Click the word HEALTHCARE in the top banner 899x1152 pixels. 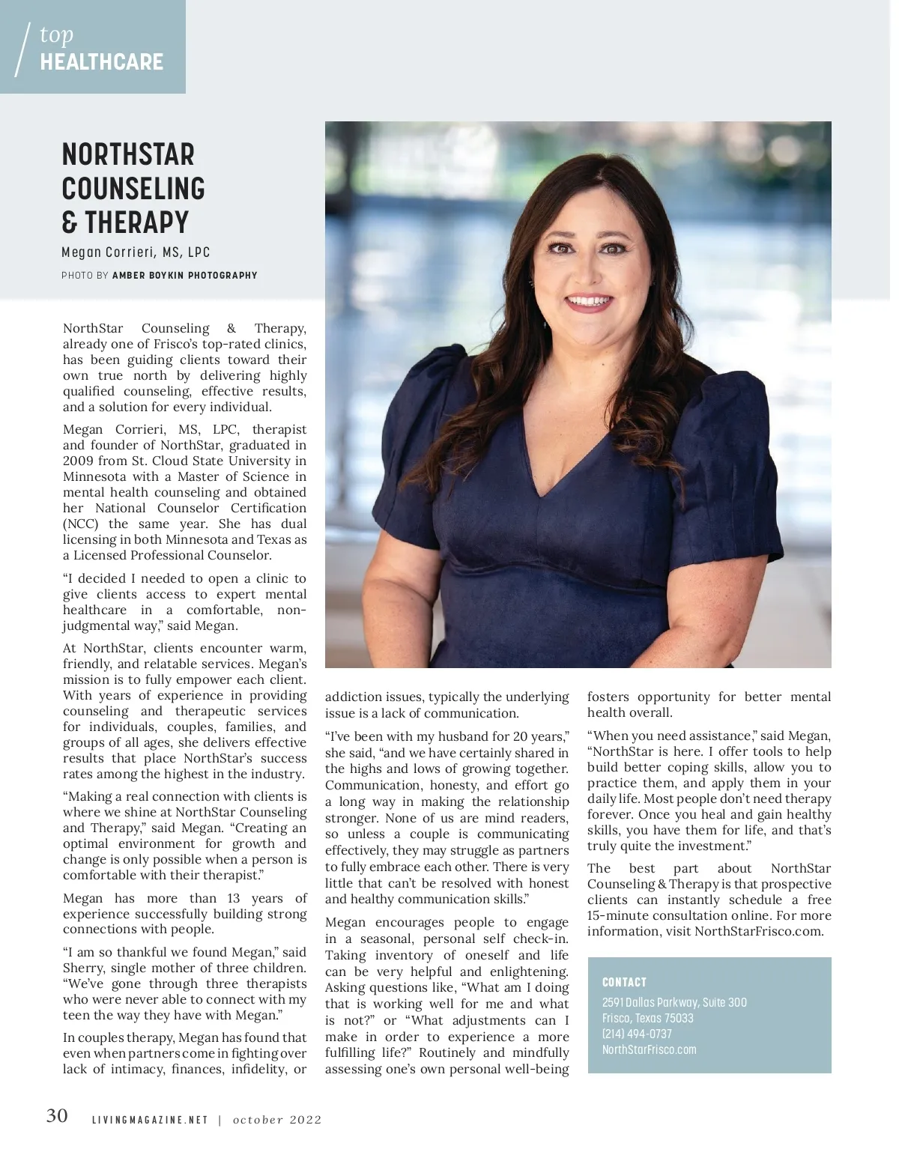click(102, 62)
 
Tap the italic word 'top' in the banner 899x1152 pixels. click(57, 34)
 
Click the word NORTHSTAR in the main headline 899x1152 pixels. click(128, 154)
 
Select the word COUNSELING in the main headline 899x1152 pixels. click(133, 189)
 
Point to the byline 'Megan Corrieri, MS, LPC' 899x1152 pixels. click(136, 252)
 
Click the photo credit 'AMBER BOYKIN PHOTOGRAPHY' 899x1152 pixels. click(184, 276)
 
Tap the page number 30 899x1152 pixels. click(57, 1116)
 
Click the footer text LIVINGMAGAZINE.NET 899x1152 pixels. click(150, 1120)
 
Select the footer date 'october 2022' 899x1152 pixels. click(277, 1120)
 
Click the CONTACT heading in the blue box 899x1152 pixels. click(624, 982)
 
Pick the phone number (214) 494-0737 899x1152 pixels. click(637, 1034)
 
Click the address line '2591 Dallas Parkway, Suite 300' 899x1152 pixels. click(674, 1002)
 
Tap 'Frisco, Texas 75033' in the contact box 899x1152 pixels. click(647, 1018)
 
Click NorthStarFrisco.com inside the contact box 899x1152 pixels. click(649, 1049)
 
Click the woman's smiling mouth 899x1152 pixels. click(589, 303)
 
